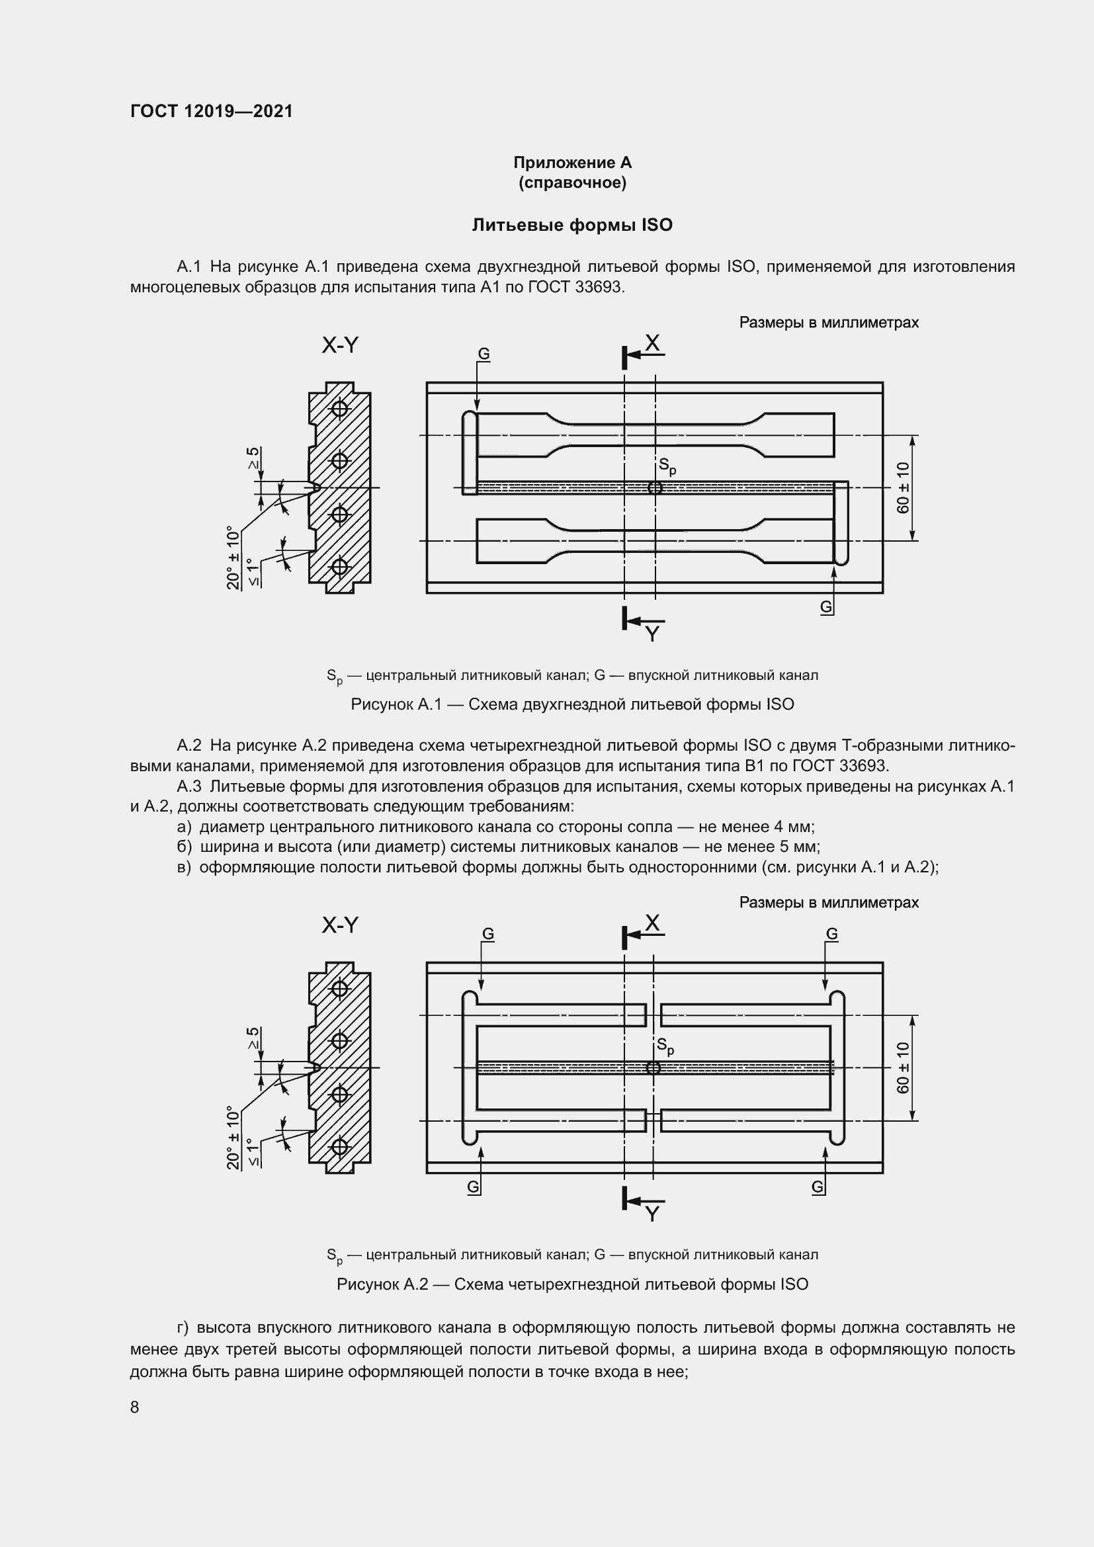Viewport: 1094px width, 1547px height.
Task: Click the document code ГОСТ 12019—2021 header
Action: click(x=212, y=111)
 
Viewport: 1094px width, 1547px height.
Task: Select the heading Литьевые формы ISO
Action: click(x=572, y=225)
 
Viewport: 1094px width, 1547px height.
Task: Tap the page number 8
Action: click(x=135, y=1407)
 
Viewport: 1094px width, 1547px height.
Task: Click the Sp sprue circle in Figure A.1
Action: click(x=654, y=488)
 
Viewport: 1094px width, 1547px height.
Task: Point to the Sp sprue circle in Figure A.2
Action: click(x=653, y=1067)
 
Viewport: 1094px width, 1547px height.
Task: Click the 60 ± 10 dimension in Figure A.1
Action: click(x=903, y=487)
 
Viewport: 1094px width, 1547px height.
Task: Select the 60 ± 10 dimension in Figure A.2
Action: click(x=903, y=1068)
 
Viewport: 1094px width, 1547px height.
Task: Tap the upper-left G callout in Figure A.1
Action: click(x=484, y=355)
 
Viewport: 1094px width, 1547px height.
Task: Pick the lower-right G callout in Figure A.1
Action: click(x=826, y=607)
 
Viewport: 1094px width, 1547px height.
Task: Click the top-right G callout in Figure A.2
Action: click(x=832, y=934)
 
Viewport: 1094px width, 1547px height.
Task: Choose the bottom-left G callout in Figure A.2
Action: click(x=474, y=1187)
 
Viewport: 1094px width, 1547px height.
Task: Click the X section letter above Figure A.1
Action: click(x=652, y=344)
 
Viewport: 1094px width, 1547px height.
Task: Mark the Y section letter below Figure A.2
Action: click(x=652, y=1214)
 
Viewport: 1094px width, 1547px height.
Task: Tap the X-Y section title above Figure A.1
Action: click(x=340, y=346)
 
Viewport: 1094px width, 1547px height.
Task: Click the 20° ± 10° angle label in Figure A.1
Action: click(x=233, y=558)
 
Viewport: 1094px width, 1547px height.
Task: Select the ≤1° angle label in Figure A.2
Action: click(x=253, y=1152)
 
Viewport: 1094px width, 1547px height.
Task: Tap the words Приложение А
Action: click(x=572, y=163)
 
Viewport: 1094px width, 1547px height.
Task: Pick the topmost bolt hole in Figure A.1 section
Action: click(x=340, y=409)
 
